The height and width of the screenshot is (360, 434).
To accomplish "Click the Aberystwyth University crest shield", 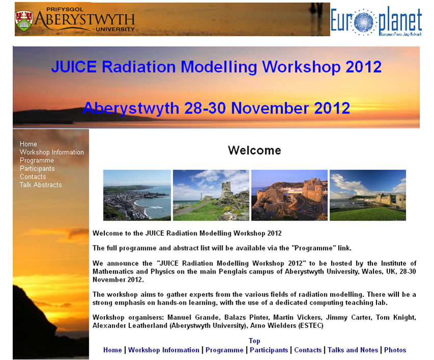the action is point(24,21).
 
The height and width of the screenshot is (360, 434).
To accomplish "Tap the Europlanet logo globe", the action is point(363,22).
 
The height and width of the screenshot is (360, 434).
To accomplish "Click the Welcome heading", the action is point(254,150).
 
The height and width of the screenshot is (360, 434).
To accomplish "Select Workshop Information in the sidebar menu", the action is point(52,152).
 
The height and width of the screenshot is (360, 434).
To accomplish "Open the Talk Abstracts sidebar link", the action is point(41,185).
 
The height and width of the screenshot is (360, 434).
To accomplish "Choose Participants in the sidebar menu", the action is point(37,169).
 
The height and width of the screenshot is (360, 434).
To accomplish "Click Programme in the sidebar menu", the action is point(37,160).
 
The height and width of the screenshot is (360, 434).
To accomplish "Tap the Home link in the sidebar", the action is point(28,144).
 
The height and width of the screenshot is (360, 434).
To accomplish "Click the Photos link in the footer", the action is point(395,350).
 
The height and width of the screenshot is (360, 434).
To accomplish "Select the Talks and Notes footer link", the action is point(352,350).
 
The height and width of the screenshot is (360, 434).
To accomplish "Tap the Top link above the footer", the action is point(254,341).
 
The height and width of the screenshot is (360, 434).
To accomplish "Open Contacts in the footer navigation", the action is point(308,350).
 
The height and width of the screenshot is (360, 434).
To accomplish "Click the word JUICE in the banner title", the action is point(74,67).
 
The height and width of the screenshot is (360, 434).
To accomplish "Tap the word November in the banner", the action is point(270,108).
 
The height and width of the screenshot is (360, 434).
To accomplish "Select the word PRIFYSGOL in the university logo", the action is point(65,9).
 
